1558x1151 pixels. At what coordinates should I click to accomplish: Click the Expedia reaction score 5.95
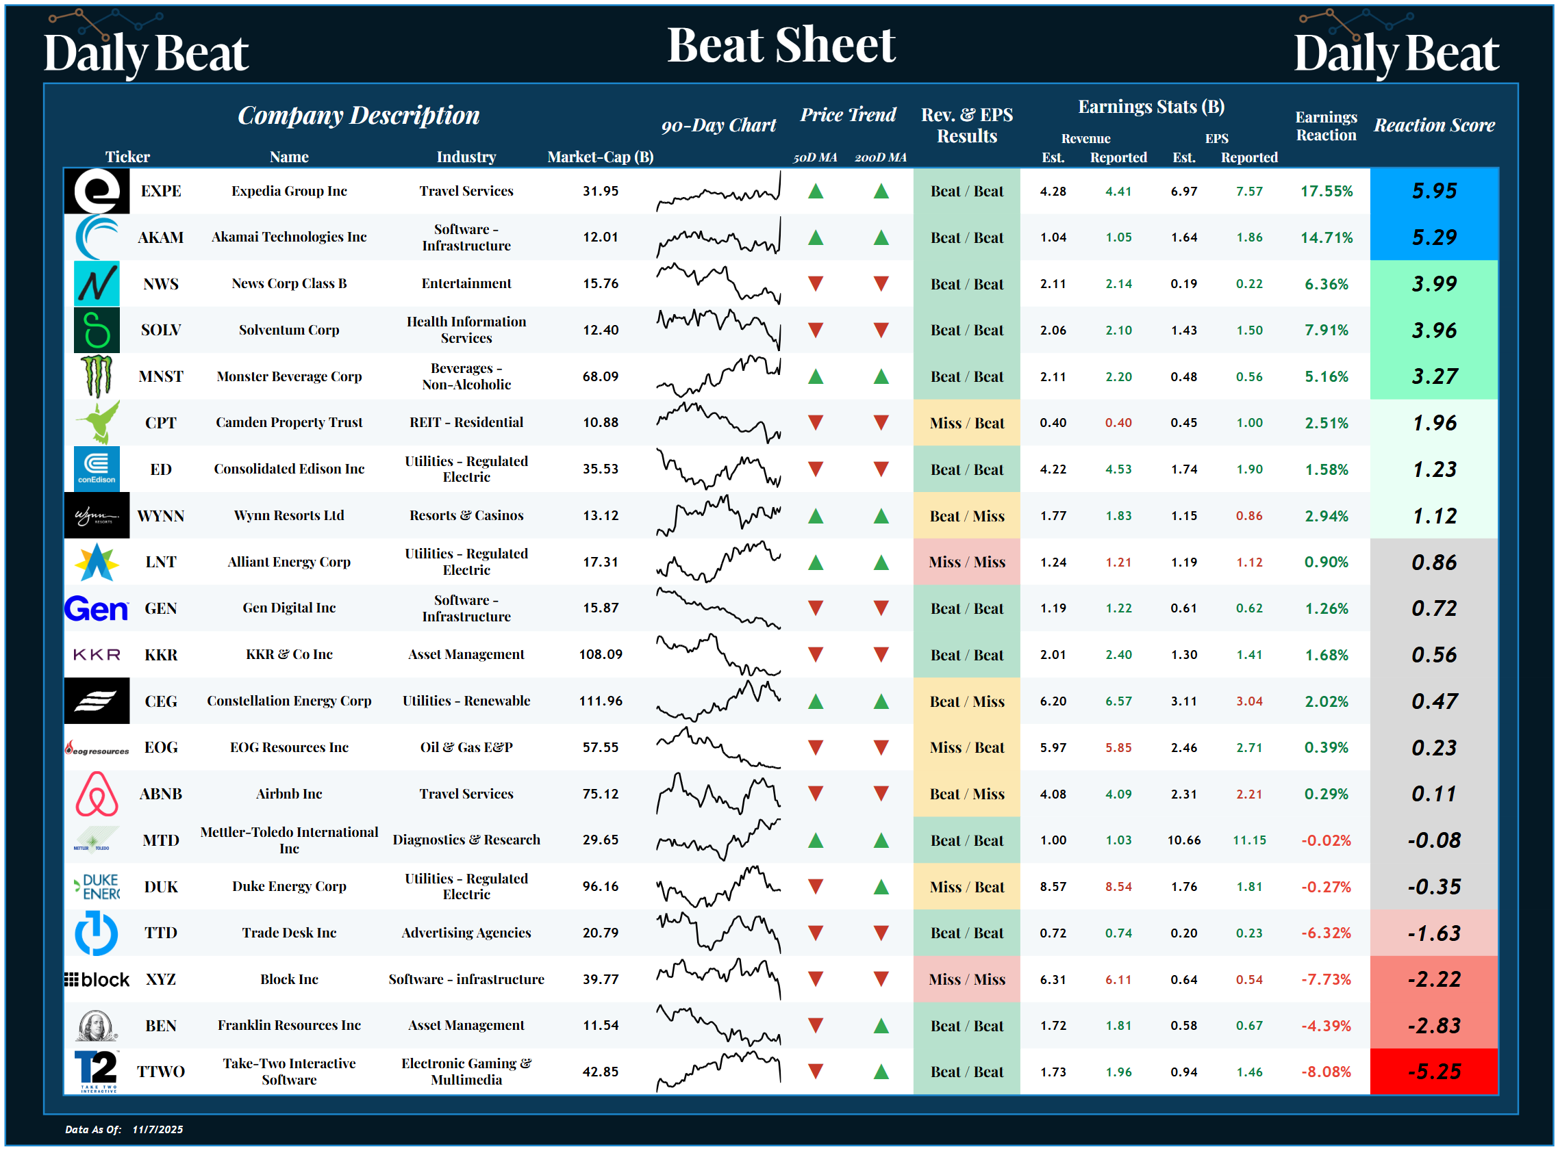[1433, 191]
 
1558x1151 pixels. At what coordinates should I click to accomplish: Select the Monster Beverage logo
[97, 376]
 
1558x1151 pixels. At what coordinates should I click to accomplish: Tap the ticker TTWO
[160, 1072]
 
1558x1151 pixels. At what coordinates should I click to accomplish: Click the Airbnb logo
[97, 794]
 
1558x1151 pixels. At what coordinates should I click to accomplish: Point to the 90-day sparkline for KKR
[718, 655]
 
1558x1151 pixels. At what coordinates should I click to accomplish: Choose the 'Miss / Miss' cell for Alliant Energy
[966, 562]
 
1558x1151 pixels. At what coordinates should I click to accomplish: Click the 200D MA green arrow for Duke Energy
[881, 887]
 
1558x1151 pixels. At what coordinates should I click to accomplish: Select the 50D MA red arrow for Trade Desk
[815, 933]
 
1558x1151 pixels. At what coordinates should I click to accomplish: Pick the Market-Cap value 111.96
[600, 701]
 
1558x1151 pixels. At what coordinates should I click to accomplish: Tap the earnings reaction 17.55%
[1326, 191]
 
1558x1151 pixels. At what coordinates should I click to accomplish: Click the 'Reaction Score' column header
[1433, 125]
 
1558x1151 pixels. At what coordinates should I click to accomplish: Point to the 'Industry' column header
[466, 157]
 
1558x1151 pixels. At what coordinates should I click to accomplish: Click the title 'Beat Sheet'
[781, 45]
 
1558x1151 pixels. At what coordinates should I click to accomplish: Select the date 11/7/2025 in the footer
[158, 1129]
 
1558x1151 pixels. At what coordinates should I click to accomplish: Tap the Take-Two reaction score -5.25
[1433, 1072]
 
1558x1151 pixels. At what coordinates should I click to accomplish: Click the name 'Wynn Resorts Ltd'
[288, 515]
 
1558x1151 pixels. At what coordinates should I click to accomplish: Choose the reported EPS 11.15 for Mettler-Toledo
[1248, 840]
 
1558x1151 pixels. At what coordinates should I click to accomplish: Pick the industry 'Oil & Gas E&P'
[466, 747]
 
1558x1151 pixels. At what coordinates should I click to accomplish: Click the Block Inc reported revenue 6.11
[1118, 980]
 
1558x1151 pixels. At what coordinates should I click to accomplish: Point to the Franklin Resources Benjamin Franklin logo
[97, 1026]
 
